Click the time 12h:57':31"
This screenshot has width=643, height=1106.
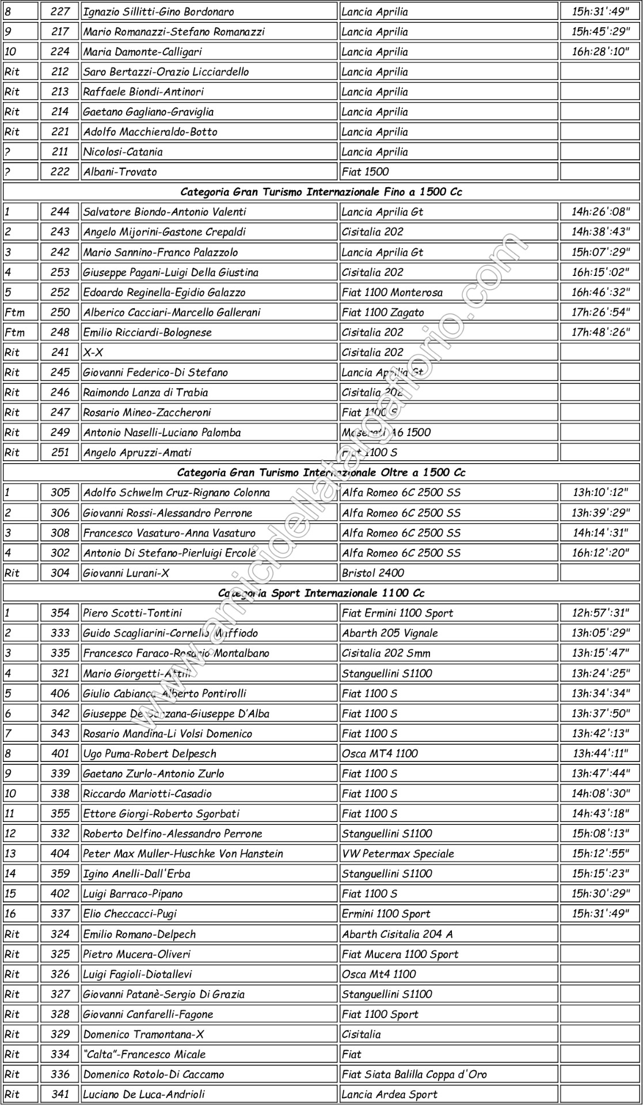[x=600, y=613]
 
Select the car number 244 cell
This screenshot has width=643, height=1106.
[x=60, y=212]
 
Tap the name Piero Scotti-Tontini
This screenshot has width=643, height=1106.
[x=132, y=613]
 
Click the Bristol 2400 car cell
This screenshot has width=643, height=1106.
[x=373, y=573]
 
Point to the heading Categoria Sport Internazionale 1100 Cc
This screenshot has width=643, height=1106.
[x=321, y=593]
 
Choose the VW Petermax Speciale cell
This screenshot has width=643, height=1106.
[x=398, y=854]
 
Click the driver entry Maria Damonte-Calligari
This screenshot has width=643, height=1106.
[x=143, y=52]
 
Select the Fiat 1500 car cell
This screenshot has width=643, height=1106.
[x=365, y=172]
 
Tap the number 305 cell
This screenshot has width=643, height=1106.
[x=60, y=493]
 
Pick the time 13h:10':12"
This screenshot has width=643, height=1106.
[x=600, y=493]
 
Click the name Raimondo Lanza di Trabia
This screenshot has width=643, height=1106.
[x=146, y=392]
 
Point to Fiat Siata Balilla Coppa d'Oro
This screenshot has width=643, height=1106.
[x=414, y=1074]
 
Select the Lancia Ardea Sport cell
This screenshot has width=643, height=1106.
[x=389, y=1094]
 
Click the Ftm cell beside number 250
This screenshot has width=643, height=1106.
[x=15, y=312]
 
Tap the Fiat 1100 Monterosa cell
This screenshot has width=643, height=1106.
[x=392, y=292]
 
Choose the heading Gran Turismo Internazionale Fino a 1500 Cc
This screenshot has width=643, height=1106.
[x=321, y=192]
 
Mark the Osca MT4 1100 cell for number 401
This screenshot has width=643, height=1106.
[x=379, y=753]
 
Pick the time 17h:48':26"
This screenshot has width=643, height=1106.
[x=600, y=332]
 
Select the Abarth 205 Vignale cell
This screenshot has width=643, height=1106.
[x=390, y=633]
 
